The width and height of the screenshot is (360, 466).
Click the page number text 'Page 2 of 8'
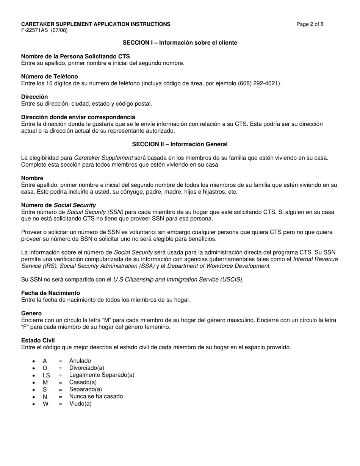pyautogui.click(x=310, y=24)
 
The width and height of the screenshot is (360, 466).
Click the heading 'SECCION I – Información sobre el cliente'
pyautogui.click(x=180, y=43)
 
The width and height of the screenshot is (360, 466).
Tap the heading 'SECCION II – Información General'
pyautogui.click(x=180, y=144)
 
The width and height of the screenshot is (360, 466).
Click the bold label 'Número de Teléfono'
pyautogui.click(x=50, y=77)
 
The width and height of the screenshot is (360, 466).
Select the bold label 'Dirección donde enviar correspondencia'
pyautogui.click(x=78, y=117)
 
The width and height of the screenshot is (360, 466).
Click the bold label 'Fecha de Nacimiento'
pyautogui.click(x=50, y=293)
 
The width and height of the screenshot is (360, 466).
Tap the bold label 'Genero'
pyautogui.click(x=31, y=313)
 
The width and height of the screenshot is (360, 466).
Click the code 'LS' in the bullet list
pyautogui.click(x=46, y=375)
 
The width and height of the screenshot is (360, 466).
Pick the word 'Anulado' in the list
pyautogui.click(x=80, y=361)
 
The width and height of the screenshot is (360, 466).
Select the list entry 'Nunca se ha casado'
pyautogui.click(x=96, y=396)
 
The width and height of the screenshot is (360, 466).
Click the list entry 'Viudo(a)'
pyautogui.click(x=80, y=403)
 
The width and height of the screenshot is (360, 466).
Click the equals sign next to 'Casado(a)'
pyautogui.click(x=60, y=382)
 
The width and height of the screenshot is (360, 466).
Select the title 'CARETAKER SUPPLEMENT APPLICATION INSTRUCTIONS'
pyautogui.click(x=96, y=24)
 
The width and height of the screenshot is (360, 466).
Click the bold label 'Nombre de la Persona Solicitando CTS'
pyautogui.click(x=75, y=56)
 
